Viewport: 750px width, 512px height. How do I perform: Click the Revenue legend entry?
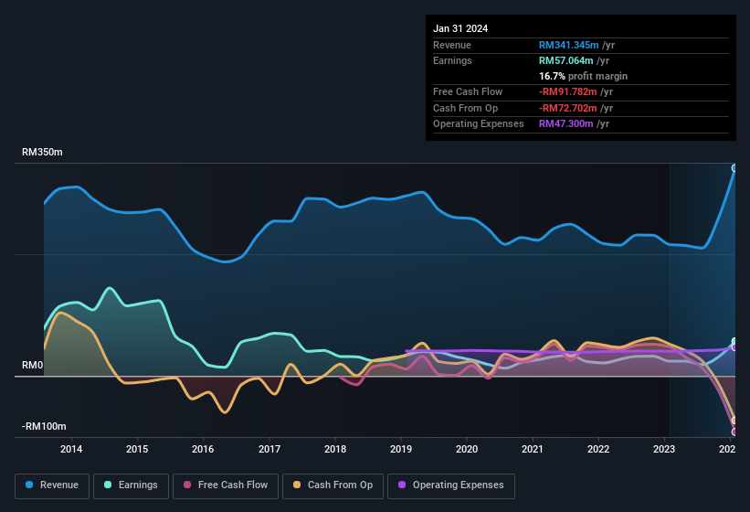coord(52,485)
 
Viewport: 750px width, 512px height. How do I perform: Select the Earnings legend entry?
coord(131,485)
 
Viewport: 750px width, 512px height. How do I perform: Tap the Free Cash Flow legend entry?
coord(226,485)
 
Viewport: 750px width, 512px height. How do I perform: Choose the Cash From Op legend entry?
coord(333,485)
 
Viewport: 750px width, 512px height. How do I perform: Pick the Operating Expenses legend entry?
coord(450,485)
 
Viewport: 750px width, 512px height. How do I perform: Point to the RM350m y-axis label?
coord(42,152)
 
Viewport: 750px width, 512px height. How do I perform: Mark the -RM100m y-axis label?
coord(44,426)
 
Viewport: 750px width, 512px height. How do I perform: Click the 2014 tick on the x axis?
coord(71,449)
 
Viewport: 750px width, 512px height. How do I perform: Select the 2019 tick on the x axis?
coord(401,449)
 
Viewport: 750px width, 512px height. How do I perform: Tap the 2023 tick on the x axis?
coord(664,449)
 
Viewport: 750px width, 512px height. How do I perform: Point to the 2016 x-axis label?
coord(203,449)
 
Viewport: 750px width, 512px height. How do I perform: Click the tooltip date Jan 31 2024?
coord(460,28)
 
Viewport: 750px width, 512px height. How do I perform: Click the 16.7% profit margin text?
coord(583,76)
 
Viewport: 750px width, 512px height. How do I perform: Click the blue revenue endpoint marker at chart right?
coord(734,168)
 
